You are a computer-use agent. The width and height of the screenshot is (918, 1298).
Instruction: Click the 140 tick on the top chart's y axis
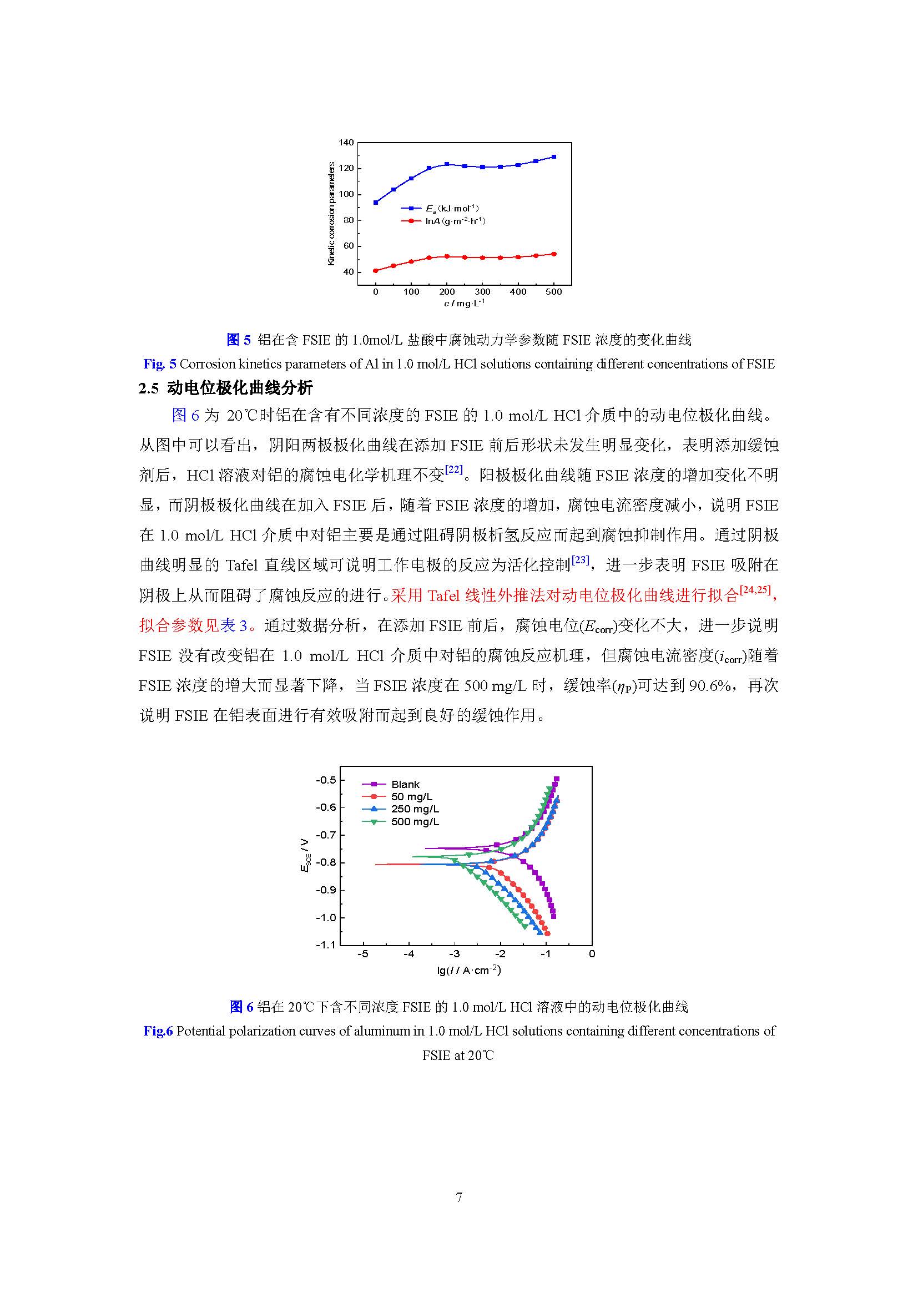(x=346, y=143)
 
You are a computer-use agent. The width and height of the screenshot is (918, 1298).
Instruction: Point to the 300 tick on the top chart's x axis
(x=482, y=292)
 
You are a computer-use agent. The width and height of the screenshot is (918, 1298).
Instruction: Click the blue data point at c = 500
(x=553, y=156)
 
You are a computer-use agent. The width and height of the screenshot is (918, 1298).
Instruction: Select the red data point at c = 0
(x=375, y=271)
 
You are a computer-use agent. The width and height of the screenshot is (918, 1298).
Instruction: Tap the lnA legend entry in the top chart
(x=455, y=221)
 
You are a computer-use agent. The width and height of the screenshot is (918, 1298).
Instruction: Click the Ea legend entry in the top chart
(x=452, y=208)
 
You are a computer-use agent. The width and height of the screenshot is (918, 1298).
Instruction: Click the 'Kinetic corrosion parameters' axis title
(x=331, y=214)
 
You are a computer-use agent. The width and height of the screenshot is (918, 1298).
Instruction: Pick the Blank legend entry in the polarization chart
(x=405, y=784)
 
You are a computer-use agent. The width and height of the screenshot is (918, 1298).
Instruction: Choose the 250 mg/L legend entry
(x=415, y=809)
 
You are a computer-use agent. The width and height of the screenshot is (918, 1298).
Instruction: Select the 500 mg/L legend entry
(x=415, y=821)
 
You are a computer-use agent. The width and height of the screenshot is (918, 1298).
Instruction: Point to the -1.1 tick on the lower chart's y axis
(x=325, y=945)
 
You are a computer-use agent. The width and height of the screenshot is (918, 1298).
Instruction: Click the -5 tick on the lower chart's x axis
(x=363, y=954)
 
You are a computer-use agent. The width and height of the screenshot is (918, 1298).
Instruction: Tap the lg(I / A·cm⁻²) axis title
(x=469, y=970)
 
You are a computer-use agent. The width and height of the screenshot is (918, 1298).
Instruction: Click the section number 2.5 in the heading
(x=149, y=388)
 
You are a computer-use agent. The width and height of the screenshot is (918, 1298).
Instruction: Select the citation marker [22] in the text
(x=453, y=470)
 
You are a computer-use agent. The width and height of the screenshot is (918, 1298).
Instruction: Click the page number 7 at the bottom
(x=459, y=1197)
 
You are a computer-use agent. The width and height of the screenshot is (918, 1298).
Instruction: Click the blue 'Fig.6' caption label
(x=158, y=1031)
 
